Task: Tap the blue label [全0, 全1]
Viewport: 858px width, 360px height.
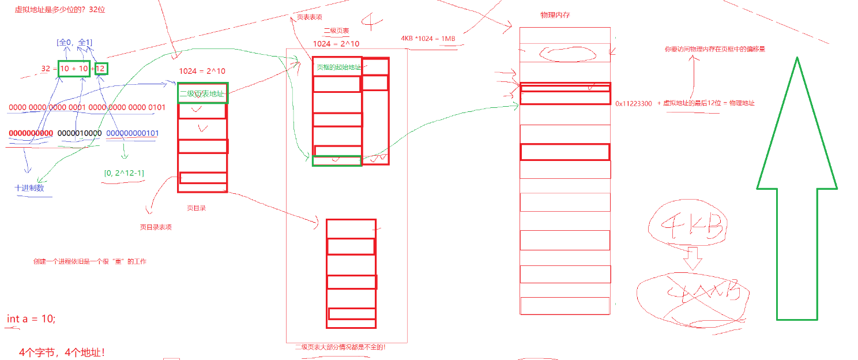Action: pos(74,42)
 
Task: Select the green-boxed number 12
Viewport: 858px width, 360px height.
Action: pos(101,69)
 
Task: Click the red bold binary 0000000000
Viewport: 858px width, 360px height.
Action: pos(31,133)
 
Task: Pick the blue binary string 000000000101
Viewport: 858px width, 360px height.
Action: pos(133,133)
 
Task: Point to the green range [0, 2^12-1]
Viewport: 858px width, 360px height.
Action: pos(124,172)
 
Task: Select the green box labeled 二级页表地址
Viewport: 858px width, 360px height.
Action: pos(202,93)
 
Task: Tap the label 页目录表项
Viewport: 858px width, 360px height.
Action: pos(156,227)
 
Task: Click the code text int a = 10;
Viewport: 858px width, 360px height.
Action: pos(31,319)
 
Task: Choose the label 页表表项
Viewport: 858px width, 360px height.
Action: pos(310,17)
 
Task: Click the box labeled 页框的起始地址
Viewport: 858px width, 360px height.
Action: pos(337,67)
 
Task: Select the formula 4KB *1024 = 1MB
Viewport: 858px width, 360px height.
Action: pos(428,39)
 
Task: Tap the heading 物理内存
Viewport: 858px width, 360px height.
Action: pos(555,14)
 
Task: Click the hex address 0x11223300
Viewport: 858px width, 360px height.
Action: pos(634,104)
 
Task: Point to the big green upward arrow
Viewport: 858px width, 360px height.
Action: pos(797,190)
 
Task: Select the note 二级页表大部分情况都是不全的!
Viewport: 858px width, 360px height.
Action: pos(340,347)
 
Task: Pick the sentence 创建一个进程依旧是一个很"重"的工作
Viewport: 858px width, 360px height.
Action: pos(90,261)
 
